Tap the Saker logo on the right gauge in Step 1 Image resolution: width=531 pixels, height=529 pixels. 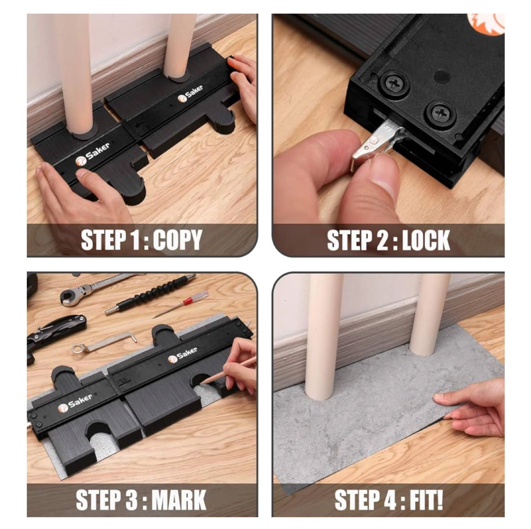point(190,93)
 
